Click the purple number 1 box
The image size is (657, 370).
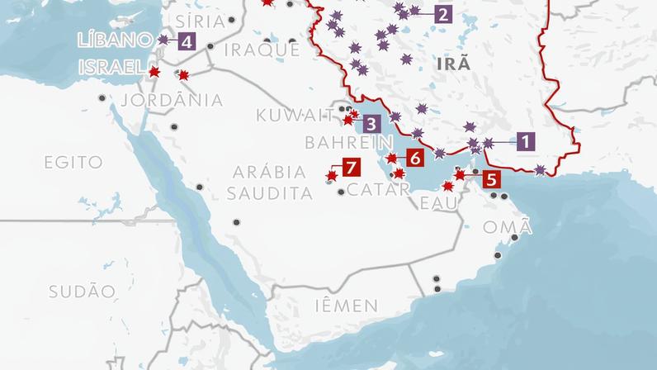pos(526,141)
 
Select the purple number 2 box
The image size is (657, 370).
pos(442,14)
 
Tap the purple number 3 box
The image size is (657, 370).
pos(371,124)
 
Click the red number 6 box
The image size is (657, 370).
pos(414,156)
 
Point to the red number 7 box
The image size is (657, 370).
pos(351,168)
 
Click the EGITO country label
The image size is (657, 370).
pos(74,162)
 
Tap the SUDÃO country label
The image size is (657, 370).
pos(81,291)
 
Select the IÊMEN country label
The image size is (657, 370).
pos(347,306)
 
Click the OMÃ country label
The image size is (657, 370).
pos(502,227)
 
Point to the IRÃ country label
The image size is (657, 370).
pos(455,64)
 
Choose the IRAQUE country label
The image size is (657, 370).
pos(262,50)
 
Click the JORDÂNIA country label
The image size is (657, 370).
pos(172,100)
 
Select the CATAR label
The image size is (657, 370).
pos(379,189)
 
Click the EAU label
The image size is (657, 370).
pos(437,203)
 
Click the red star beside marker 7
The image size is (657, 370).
pos(331,176)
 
